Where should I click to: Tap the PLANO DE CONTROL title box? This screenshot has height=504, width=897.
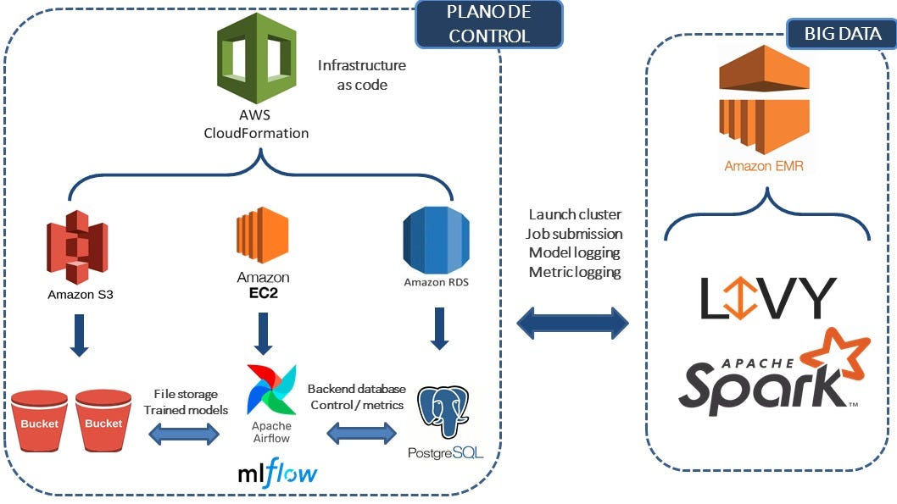click(488, 24)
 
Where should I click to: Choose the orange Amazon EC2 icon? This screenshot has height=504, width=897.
click(263, 238)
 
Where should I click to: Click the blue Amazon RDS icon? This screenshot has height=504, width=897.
click(436, 240)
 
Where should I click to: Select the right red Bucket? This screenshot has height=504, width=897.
click(103, 421)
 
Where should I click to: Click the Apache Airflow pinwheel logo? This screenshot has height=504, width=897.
click(271, 389)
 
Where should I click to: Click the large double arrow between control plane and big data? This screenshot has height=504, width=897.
click(573, 322)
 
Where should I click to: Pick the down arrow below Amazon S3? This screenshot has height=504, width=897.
click(78, 333)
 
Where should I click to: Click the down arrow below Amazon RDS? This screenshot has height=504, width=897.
click(439, 329)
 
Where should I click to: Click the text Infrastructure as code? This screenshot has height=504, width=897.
click(362, 75)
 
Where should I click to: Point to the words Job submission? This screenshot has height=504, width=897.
click(574, 233)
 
